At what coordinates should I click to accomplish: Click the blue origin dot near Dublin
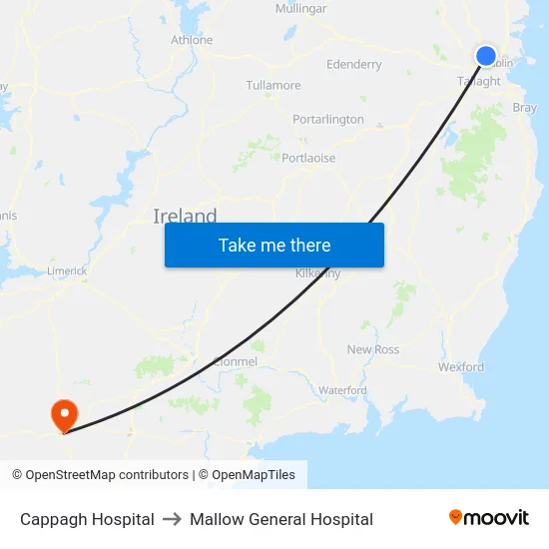[486, 56]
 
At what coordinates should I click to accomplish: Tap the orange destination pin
[64, 414]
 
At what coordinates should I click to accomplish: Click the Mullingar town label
[300, 8]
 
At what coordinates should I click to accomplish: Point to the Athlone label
[192, 40]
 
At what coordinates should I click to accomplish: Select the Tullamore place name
[273, 85]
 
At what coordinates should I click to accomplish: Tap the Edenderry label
[353, 64]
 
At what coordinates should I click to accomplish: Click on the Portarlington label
[327, 119]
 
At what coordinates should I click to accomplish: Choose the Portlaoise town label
[308, 158]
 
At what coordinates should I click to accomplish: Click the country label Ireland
[185, 216]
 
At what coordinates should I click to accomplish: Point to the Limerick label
[67, 271]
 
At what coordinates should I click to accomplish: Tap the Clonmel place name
[236, 360]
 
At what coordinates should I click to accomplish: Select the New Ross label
[372, 349]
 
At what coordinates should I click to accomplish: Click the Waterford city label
[342, 390]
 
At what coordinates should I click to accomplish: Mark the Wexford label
[460, 366]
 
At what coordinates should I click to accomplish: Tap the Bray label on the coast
[524, 107]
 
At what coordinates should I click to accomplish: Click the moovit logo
[489, 517]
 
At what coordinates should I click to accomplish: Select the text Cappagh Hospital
[87, 519]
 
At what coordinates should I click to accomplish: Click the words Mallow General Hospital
[281, 519]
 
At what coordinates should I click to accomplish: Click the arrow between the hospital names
[172, 519]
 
